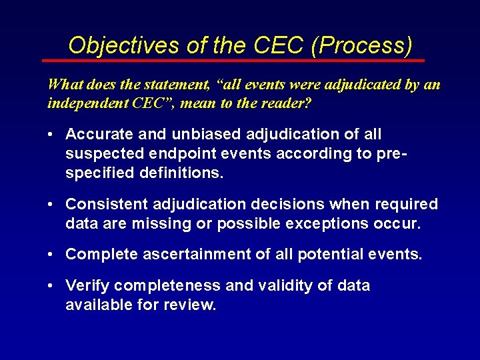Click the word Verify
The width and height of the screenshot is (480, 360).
(87, 285)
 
